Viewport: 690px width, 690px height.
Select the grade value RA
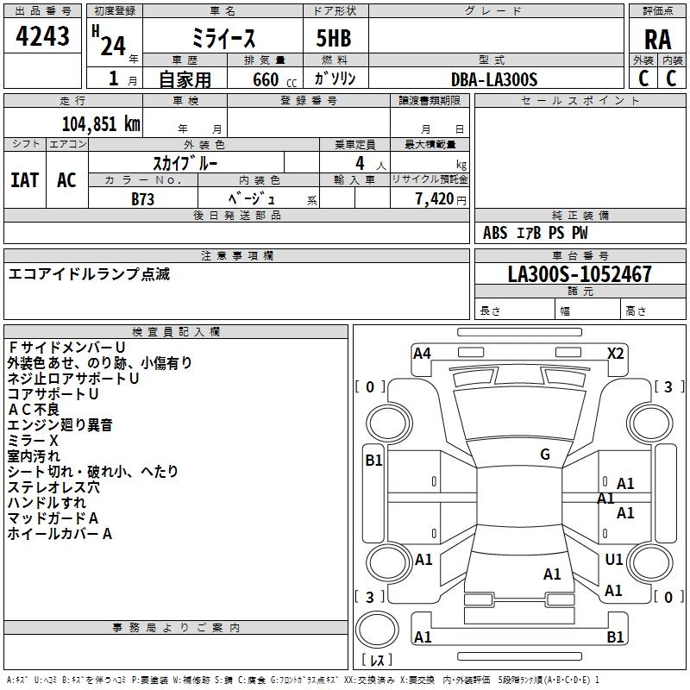pos(657,40)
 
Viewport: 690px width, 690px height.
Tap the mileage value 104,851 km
pos(101,123)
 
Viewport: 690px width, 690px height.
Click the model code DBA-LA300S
pos(494,79)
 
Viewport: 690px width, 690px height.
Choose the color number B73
pos(143,198)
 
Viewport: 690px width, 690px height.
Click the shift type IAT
pos(24,179)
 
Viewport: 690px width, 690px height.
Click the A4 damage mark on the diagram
pos(422,353)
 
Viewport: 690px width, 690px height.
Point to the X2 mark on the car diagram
pos(615,353)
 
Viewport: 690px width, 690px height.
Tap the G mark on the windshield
pos(544,455)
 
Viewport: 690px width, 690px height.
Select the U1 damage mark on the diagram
pos(614,560)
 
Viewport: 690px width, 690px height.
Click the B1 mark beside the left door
pos(373,461)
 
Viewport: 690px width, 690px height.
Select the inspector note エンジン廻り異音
pos(60,424)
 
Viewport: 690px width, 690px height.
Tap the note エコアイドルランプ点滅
pos(90,273)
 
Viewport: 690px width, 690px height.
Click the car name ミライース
pos(223,40)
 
